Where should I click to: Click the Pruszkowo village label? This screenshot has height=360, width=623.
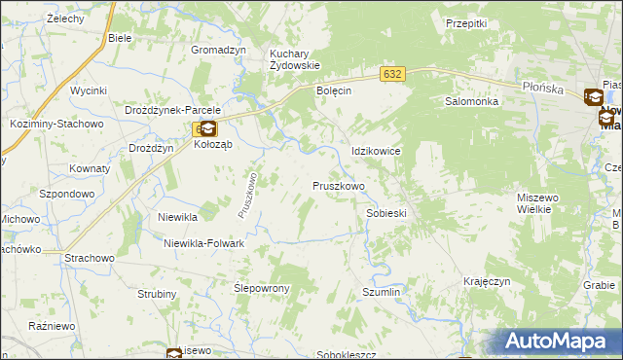click(338, 185)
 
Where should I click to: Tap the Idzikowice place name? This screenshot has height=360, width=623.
click(376, 152)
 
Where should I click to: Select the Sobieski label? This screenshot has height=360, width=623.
click(385, 212)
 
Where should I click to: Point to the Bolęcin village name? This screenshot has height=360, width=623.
click(333, 90)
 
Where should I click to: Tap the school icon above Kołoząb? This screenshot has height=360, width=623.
click(207, 127)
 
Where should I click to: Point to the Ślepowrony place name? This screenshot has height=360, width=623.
click(263, 289)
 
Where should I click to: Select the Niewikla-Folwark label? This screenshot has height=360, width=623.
click(203, 243)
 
